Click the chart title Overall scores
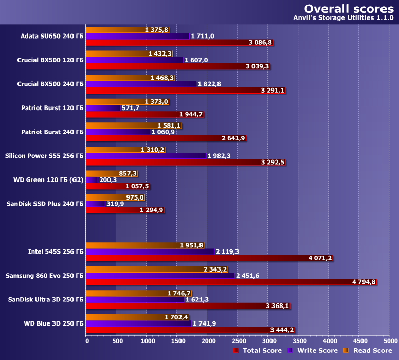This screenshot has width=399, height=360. pyautogui.click(x=349, y=9)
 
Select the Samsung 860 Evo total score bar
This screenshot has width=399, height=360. pyautogui.click(x=231, y=282)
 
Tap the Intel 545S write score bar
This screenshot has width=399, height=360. pyautogui.click(x=150, y=251)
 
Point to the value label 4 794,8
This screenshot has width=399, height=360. pyautogui.click(x=364, y=282)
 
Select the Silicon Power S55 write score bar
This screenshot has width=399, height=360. pyautogui.click(x=146, y=156)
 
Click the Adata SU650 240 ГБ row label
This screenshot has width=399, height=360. pyautogui.click(x=51, y=36)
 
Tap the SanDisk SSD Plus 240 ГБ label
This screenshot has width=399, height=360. pyautogui.click(x=45, y=204)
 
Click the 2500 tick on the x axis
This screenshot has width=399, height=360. pyautogui.click(x=238, y=341)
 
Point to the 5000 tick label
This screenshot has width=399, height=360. pyautogui.click(x=389, y=341)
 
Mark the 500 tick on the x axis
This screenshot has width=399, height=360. pyautogui.click(x=117, y=341)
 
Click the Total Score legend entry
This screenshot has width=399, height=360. pyautogui.click(x=257, y=351)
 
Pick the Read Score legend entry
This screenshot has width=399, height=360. pyautogui.click(x=367, y=351)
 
